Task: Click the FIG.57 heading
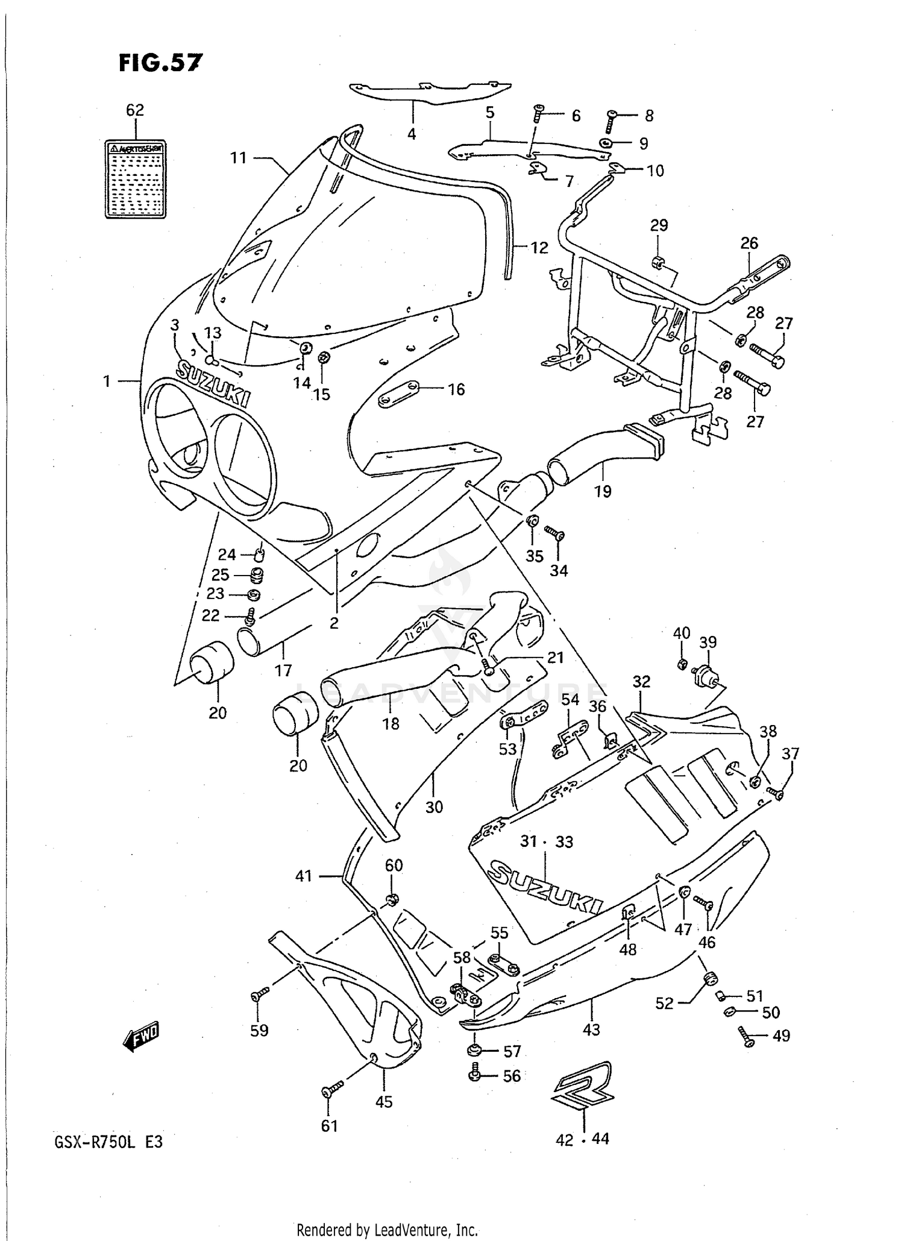(160, 62)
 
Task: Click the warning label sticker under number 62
(135, 180)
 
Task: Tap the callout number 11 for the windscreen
(239, 158)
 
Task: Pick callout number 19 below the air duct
(603, 491)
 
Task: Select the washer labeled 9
(605, 143)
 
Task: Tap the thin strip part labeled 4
(429, 93)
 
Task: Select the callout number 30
(434, 806)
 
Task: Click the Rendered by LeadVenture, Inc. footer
(388, 1230)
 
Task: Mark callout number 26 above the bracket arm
(749, 243)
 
